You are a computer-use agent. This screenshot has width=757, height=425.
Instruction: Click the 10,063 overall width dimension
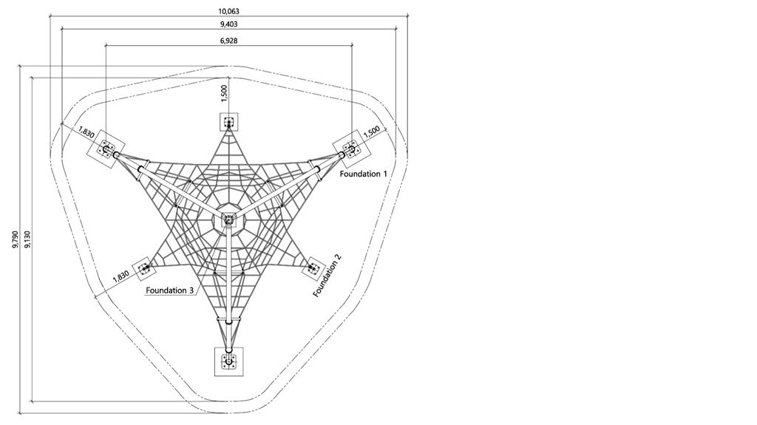[229, 11]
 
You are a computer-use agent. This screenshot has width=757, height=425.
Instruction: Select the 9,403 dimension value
[229, 24]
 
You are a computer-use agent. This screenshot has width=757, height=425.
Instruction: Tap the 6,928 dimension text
[229, 41]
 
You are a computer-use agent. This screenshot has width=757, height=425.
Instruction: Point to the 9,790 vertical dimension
[16, 239]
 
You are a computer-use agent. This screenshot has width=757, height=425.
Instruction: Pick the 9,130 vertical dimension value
[27, 239]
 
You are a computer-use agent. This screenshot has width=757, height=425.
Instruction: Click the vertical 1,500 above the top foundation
[223, 93]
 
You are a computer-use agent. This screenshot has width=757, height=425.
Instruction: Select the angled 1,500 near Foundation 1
[375, 132]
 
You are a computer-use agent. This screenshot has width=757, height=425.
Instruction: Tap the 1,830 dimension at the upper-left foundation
[86, 132]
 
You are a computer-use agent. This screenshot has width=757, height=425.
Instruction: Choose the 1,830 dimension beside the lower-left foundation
[120, 276]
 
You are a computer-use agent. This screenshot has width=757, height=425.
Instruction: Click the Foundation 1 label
[363, 174]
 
